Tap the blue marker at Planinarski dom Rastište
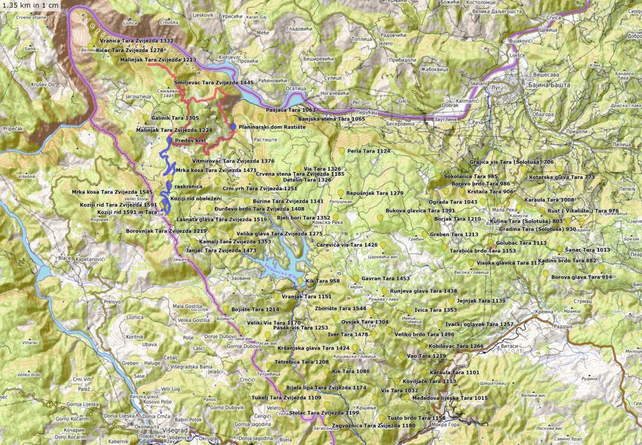click(233, 127)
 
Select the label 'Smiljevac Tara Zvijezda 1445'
click(214, 83)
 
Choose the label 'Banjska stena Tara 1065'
click(332, 119)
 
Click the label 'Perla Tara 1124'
click(369, 151)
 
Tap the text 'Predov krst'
click(191, 141)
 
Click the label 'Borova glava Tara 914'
click(581, 277)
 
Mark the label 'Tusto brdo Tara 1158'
click(416, 417)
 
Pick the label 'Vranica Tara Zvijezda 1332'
click(136, 40)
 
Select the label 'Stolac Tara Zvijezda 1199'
click(324, 413)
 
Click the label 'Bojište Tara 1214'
click(255, 309)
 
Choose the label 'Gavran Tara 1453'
click(386, 278)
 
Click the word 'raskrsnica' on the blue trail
click(189, 186)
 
